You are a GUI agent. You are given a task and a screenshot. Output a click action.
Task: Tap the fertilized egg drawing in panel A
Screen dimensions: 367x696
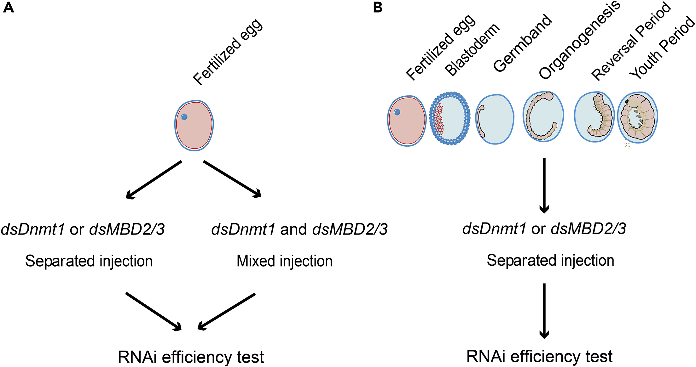click(x=194, y=125)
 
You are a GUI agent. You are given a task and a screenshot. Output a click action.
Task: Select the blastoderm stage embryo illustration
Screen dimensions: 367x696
click(x=450, y=118)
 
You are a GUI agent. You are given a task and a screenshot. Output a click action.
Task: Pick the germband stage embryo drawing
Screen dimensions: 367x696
click(x=495, y=120)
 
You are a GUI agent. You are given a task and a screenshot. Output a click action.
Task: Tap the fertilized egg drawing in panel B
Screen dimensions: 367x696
click(x=407, y=121)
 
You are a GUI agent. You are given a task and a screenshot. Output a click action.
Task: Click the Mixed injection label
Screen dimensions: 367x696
click(x=285, y=261)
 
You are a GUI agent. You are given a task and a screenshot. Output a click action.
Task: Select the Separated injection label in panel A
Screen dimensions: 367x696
click(x=89, y=261)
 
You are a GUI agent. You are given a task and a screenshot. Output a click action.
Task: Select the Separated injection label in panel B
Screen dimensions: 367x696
click(x=550, y=261)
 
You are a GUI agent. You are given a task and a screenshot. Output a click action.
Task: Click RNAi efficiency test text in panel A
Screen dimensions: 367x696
click(x=191, y=357)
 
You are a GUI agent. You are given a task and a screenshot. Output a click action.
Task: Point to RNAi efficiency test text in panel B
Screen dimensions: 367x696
click(x=539, y=356)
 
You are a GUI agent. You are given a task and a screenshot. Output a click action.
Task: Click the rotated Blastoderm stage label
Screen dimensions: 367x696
click(x=472, y=49)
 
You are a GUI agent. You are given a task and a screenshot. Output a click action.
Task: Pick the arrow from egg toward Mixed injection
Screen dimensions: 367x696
click(x=232, y=179)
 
